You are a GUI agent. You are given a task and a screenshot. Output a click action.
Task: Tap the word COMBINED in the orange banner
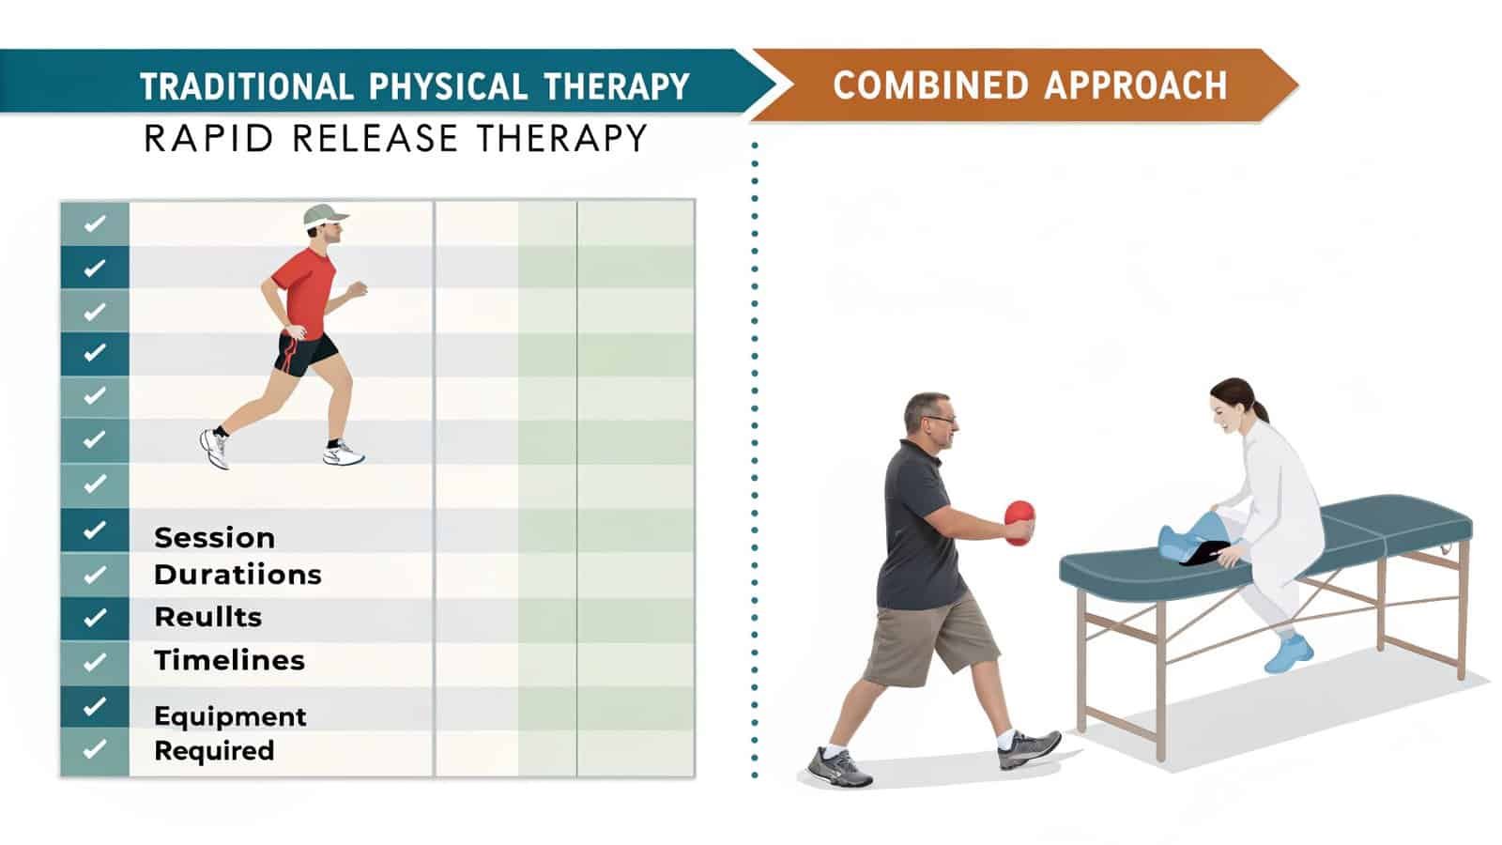click(x=930, y=85)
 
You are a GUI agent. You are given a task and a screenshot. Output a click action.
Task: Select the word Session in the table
click(x=214, y=538)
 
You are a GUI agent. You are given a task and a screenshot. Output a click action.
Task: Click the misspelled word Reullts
click(x=207, y=617)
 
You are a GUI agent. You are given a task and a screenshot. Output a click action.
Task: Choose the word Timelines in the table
click(x=229, y=660)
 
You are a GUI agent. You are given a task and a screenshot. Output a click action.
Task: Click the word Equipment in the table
click(x=230, y=716)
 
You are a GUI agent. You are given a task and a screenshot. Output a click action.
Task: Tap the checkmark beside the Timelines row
click(x=94, y=662)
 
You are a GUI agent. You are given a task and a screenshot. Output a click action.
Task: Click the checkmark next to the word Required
click(x=94, y=749)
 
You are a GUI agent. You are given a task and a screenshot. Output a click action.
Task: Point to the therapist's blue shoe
click(x=1287, y=654)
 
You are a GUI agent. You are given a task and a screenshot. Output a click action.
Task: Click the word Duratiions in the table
click(x=238, y=575)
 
